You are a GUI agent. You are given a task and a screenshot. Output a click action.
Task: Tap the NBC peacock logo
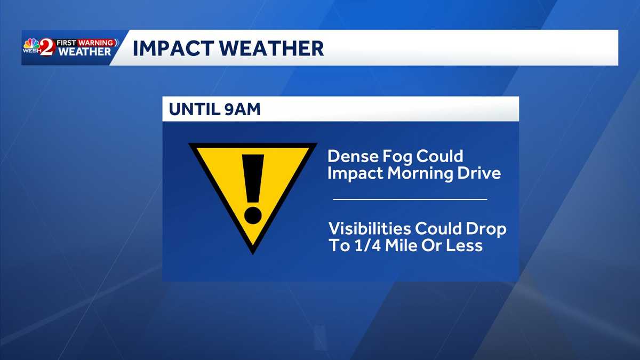pyautogui.click(x=31, y=44)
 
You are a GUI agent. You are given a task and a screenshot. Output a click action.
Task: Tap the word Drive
pyautogui.click(x=482, y=173)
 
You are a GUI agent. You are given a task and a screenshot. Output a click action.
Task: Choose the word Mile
pyautogui.click(x=401, y=245)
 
